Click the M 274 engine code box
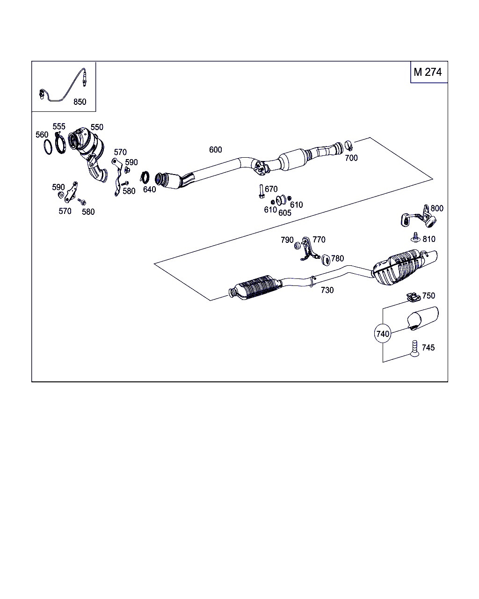428,72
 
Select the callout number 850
80,102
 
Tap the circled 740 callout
383,334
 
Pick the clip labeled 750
412,297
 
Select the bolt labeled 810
415,238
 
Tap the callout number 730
327,290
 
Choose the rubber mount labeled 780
325,259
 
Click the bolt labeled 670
259,192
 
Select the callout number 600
216,150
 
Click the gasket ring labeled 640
145,178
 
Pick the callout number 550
97,127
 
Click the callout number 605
285,213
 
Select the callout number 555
59,126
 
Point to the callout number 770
319,240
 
